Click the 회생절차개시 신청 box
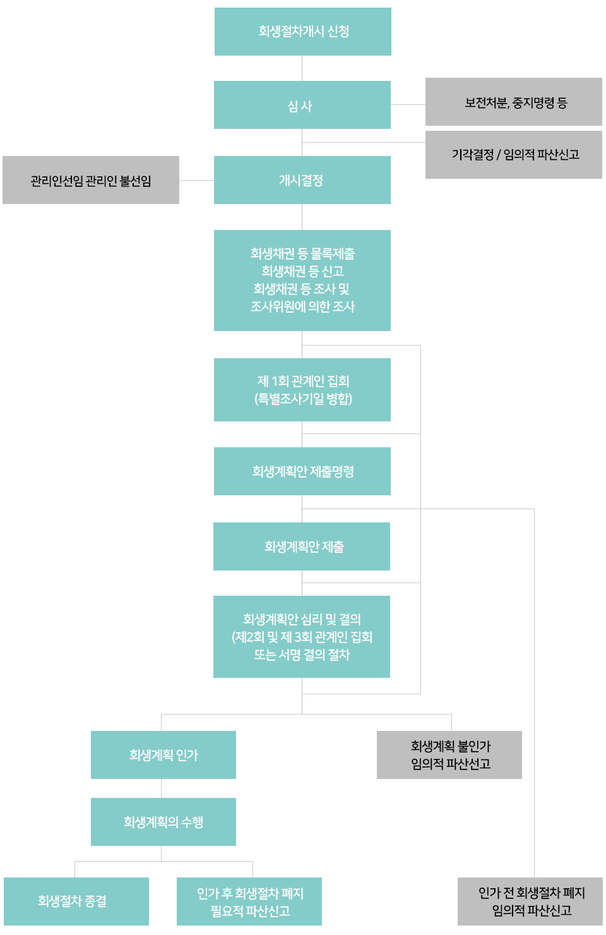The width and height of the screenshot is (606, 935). pyautogui.click(x=303, y=32)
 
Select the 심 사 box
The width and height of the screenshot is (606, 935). pyautogui.click(x=302, y=106)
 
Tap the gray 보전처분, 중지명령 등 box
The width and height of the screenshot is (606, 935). pyautogui.click(x=513, y=102)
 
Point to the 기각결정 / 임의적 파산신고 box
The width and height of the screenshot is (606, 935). pyautogui.click(x=513, y=155)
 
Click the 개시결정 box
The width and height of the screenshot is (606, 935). pyautogui.click(x=302, y=180)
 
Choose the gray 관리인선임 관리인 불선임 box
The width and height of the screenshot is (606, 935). pyautogui.click(x=91, y=181)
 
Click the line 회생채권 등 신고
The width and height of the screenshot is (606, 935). pyautogui.click(x=302, y=271)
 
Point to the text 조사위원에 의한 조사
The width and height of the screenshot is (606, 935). pyautogui.click(x=302, y=306)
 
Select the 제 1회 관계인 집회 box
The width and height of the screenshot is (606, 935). pyautogui.click(x=302, y=382)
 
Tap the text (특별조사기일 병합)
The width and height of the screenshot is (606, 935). pyautogui.click(x=303, y=399)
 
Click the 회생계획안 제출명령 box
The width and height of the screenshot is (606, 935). pyautogui.click(x=302, y=471)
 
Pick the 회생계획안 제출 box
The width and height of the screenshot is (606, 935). pyautogui.click(x=302, y=546)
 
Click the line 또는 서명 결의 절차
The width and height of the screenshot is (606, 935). pyautogui.click(x=302, y=654)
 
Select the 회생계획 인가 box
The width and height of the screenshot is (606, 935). pyautogui.click(x=163, y=755)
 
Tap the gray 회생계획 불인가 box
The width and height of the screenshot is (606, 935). pyautogui.click(x=449, y=755)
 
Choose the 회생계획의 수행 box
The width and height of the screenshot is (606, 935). pyautogui.click(x=163, y=822)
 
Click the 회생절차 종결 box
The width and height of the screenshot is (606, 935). pyautogui.click(x=76, y=902)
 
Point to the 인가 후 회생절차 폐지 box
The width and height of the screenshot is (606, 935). pyautogui.click(x=249, y=902)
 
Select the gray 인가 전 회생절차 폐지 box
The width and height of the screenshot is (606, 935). pyautogui.click(x=530, y=902)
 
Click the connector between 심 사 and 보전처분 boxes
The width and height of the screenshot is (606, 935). pyautogui.click(x=408, y=104)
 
